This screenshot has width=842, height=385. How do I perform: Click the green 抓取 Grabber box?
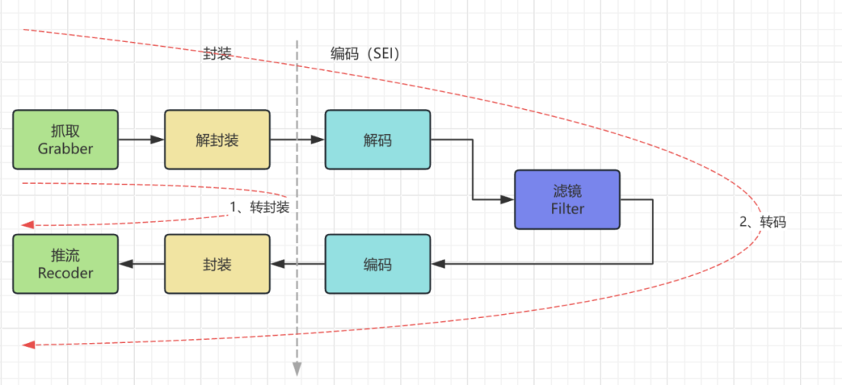click(65, 140)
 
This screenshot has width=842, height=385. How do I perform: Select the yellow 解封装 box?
click(217, 140)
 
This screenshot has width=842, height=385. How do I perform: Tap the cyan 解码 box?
click(377, 140)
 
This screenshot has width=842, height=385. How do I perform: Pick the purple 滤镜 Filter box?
click(567, 200)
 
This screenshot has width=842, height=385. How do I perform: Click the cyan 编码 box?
click(377, 264)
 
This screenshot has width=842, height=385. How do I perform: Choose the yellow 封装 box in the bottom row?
click(217, 264)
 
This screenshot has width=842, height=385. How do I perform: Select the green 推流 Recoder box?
click(65, 264)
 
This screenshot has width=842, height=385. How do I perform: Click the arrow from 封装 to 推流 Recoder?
click(141, 264)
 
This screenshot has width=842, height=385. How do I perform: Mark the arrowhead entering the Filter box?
click(508, 200)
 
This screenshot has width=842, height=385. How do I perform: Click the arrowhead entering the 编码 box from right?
click(438, 264)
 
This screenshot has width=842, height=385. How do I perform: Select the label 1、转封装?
click(259, 207)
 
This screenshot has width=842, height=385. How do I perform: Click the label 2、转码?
click(762, 221)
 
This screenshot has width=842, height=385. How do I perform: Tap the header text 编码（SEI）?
click(365, 54)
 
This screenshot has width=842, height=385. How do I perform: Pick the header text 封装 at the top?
click(217, 54)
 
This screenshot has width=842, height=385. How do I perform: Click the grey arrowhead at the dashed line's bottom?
click(297, 369)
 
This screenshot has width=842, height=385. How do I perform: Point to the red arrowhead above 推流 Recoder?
click(27, 224)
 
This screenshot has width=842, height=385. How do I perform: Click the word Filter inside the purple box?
click(567, 209)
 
